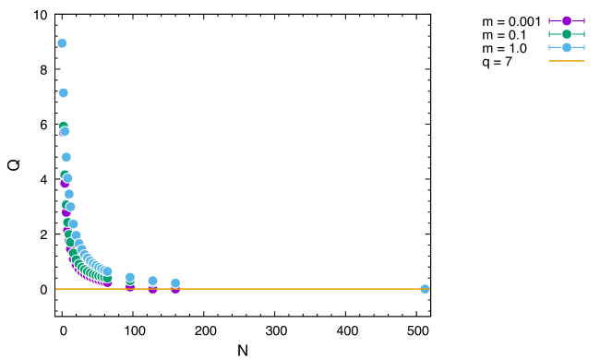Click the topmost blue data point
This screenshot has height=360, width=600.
62,43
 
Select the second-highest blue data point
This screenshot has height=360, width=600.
63,92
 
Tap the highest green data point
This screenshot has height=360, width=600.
63,126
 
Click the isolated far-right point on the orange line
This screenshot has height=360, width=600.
425,289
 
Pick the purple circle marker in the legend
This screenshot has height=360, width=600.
567,20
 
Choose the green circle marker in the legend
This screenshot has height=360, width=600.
567,34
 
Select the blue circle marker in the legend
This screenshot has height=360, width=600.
567,47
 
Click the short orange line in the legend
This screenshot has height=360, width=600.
567,61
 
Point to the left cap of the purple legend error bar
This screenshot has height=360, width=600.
549,20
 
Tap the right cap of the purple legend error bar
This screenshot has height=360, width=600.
584,20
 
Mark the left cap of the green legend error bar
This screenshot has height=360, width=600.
549,34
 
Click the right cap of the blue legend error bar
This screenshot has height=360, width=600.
584,47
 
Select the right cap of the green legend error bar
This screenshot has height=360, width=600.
584,34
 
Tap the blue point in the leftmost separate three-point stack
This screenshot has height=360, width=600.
130,277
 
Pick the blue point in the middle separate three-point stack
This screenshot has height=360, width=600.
152,281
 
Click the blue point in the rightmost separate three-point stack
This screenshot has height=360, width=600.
175,282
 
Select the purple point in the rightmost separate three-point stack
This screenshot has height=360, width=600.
175,290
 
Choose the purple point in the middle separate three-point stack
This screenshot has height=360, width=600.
152,290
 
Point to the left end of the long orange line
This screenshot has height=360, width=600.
56,289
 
